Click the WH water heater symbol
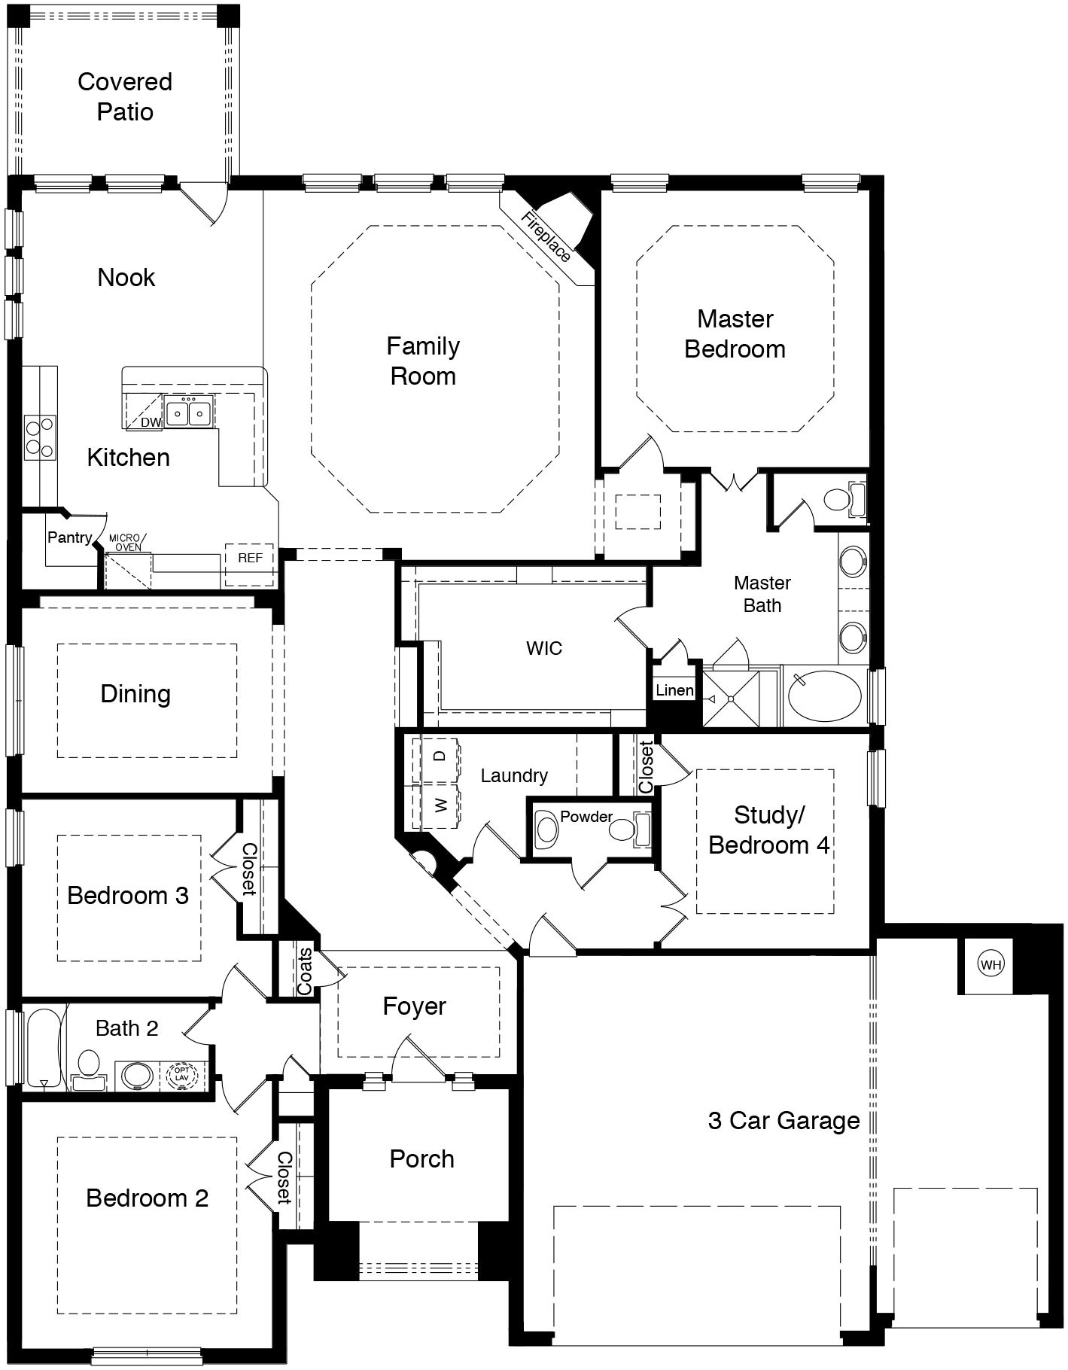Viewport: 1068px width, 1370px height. (x=991, y=964)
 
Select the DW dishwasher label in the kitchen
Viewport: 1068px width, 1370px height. (x=151, y=422)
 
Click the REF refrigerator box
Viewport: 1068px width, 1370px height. (x=250, y=558)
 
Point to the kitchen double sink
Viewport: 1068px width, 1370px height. (x=188, y=413)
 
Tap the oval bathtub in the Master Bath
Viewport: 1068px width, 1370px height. (x=825, y=697)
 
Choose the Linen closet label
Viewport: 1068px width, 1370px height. (x=674, y=690)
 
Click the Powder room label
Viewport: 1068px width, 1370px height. (x=586, y=817)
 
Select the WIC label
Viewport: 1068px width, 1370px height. (x=544, y=648)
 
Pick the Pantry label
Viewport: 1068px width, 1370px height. (x=69, y=537)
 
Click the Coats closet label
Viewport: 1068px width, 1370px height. (x=305, y=972)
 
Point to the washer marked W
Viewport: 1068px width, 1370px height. (x=441, y=806)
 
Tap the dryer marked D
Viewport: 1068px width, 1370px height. (x=441, y=755)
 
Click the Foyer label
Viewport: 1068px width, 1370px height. (x=414, y=1006)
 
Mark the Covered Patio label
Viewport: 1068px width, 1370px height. (x=125, y=96)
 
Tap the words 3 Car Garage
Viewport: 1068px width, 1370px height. (x=784, y=1121)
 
